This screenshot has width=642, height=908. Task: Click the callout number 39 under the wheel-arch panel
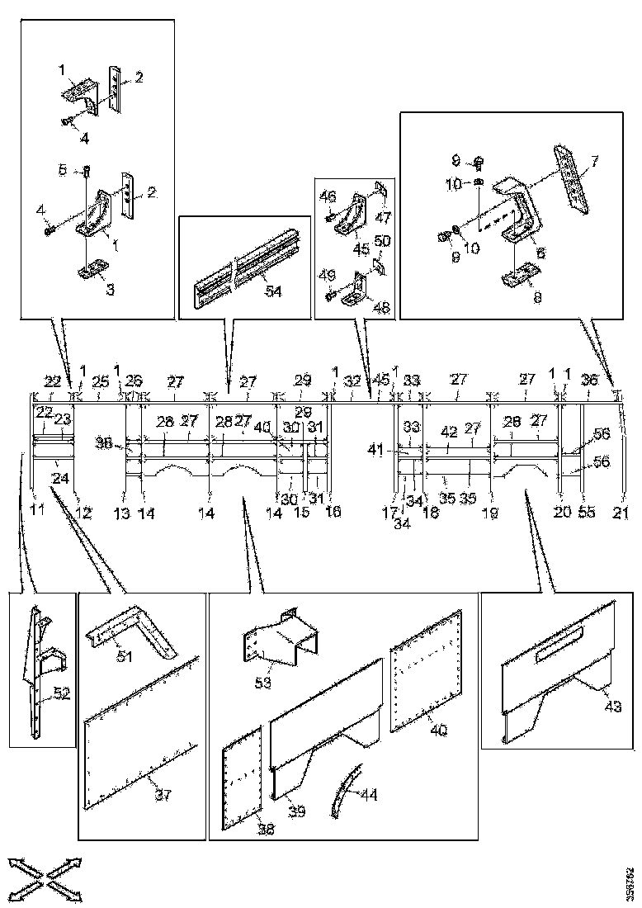(295, 811)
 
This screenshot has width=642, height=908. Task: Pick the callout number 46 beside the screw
(328, 196)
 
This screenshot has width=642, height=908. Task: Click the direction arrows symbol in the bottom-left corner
(46, 876)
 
